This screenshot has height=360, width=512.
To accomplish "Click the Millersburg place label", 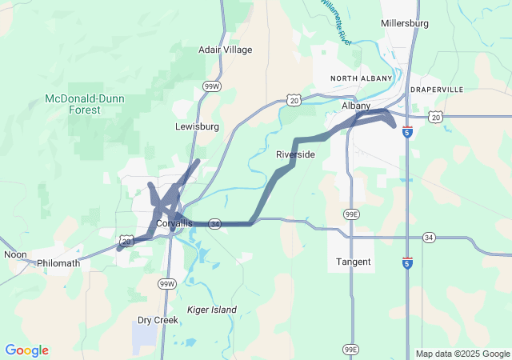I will coord(406,23).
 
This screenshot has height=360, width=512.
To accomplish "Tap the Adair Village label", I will coord(225,50).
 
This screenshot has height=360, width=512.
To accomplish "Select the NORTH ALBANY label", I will coord(362,78).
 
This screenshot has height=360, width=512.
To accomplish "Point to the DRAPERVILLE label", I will coord(437,89).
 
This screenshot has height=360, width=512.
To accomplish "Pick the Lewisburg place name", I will coord(197,126).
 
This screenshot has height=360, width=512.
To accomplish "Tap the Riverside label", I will coord(295,154).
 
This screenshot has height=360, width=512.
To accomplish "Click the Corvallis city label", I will coord(174,223).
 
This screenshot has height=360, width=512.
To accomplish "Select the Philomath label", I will coord(58,262).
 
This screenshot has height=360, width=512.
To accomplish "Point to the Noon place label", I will coord(15,254).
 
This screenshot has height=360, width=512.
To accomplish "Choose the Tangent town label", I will coord(353,262).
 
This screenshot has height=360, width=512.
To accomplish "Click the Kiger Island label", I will coord(211,310).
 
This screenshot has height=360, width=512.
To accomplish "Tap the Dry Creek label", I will coord(157,320).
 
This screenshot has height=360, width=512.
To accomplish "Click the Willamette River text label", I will coord(334,20).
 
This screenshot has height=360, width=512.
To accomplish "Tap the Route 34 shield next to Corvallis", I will coord(214,224).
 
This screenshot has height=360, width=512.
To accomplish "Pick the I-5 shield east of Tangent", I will coord(408,262).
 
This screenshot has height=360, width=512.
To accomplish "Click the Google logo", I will coord(26,350).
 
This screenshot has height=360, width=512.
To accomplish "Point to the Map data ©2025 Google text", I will coord(462,354).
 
